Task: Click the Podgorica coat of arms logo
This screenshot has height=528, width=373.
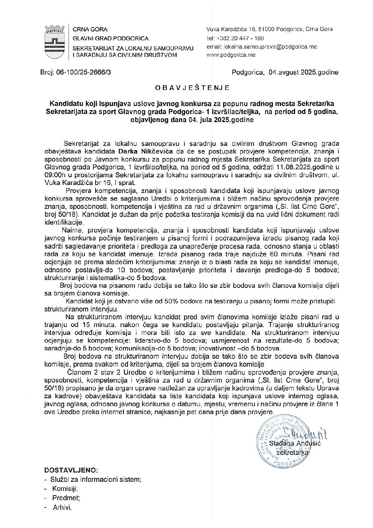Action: [55, 42]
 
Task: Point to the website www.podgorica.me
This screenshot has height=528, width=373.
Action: [231, 55]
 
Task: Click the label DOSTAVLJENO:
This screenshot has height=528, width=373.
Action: [71, 471]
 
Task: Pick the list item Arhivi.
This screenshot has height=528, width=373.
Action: [62, 508]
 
